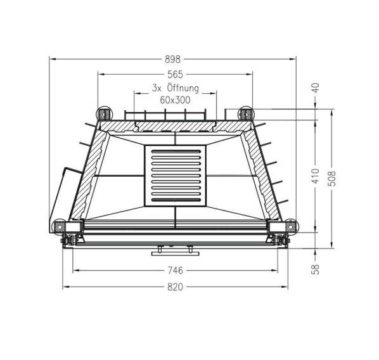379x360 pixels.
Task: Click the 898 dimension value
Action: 172,59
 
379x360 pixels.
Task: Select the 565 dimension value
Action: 175,74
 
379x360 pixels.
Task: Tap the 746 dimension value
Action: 175,271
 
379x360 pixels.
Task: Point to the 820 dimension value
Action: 175,287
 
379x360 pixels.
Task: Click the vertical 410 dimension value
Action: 316,176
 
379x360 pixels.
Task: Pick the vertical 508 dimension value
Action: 331,179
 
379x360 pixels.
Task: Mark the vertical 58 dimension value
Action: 316,269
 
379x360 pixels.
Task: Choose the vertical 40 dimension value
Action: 316,87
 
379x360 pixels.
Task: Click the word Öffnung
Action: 183,89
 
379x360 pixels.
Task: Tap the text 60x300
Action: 175,100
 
